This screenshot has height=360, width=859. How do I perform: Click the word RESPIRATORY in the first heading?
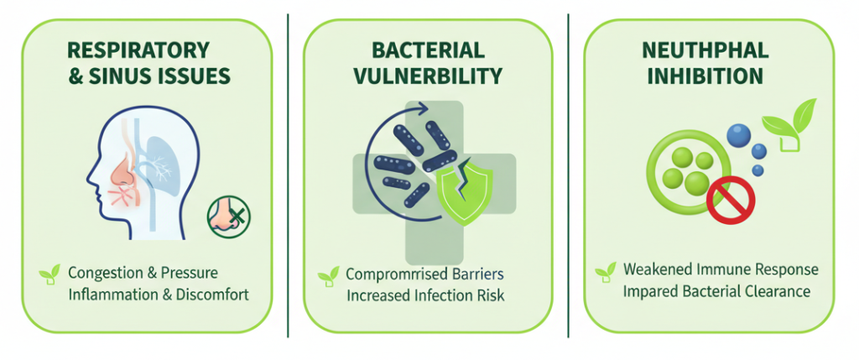(x=138, y=50)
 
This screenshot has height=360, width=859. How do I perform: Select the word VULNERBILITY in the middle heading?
(x=428, y=76)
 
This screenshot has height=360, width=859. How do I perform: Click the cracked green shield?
(x=464, y=190)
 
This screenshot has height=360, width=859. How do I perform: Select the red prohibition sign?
(x=731, y=200)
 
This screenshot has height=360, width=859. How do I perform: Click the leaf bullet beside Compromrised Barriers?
(x=328, y=276)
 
